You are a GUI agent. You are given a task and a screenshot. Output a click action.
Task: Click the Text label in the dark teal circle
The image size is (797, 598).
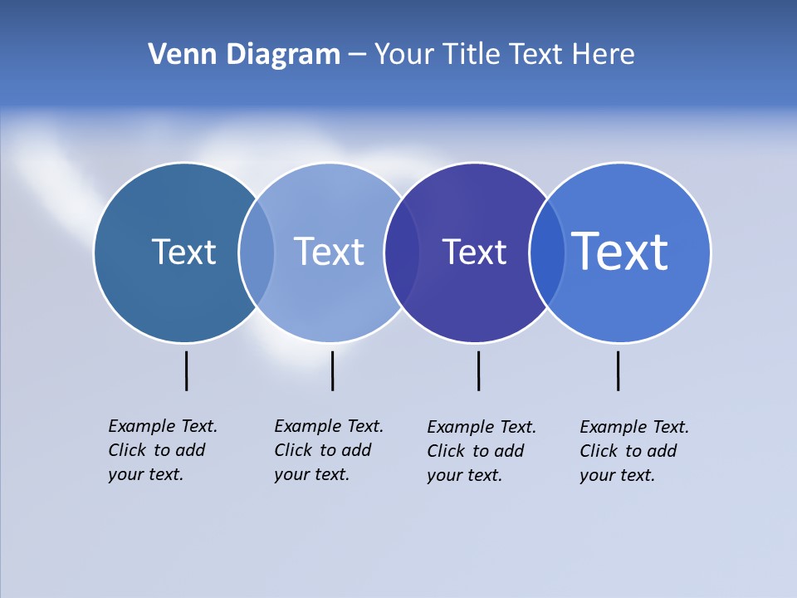pos(183,252)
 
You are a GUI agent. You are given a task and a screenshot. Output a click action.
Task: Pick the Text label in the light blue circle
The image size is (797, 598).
pos(329,252)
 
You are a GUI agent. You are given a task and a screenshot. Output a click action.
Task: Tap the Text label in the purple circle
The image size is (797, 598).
pos(474,252)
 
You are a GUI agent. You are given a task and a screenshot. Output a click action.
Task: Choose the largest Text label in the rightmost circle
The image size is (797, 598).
pos(620,251)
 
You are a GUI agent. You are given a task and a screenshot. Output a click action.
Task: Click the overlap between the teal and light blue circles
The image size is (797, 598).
pos(257,252)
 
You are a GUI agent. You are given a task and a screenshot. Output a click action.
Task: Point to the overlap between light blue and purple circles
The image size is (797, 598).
pos(402,252)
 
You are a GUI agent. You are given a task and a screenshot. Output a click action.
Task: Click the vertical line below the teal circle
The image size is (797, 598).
pos(186,370)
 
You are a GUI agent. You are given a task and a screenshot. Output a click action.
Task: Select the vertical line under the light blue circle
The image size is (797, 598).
pos(332,370)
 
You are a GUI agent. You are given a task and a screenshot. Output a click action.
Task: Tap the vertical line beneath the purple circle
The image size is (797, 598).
pos(478,370)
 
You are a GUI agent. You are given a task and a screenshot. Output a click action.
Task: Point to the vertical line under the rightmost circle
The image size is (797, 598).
pos(618,370)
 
